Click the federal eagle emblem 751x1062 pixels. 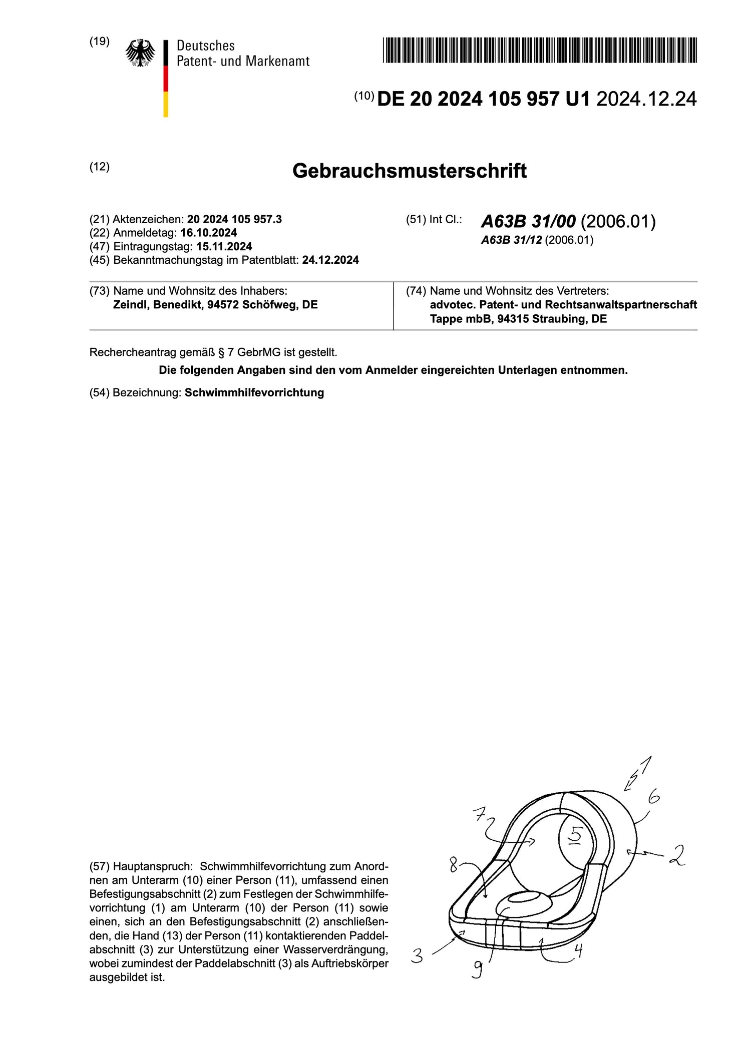coord(140,53)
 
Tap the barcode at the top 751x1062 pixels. coord(540,50)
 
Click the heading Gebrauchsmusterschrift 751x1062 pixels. coord(409,171)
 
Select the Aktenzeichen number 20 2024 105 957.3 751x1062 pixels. coord(234,219)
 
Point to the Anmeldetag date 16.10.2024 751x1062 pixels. coord(209,233)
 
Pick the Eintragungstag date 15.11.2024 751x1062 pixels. coord(224,246)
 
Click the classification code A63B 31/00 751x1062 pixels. coord(528,221)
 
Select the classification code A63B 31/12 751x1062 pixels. coord(511,240)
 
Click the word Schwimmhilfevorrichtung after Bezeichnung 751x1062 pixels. coord(254,392)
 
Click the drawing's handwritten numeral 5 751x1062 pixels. coord(576,834)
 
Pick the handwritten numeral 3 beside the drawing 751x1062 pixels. coord(417,956)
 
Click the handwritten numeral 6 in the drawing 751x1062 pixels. coord(653,796)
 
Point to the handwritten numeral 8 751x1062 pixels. coord(454,865)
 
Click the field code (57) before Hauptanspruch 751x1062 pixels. coord(99,866)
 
